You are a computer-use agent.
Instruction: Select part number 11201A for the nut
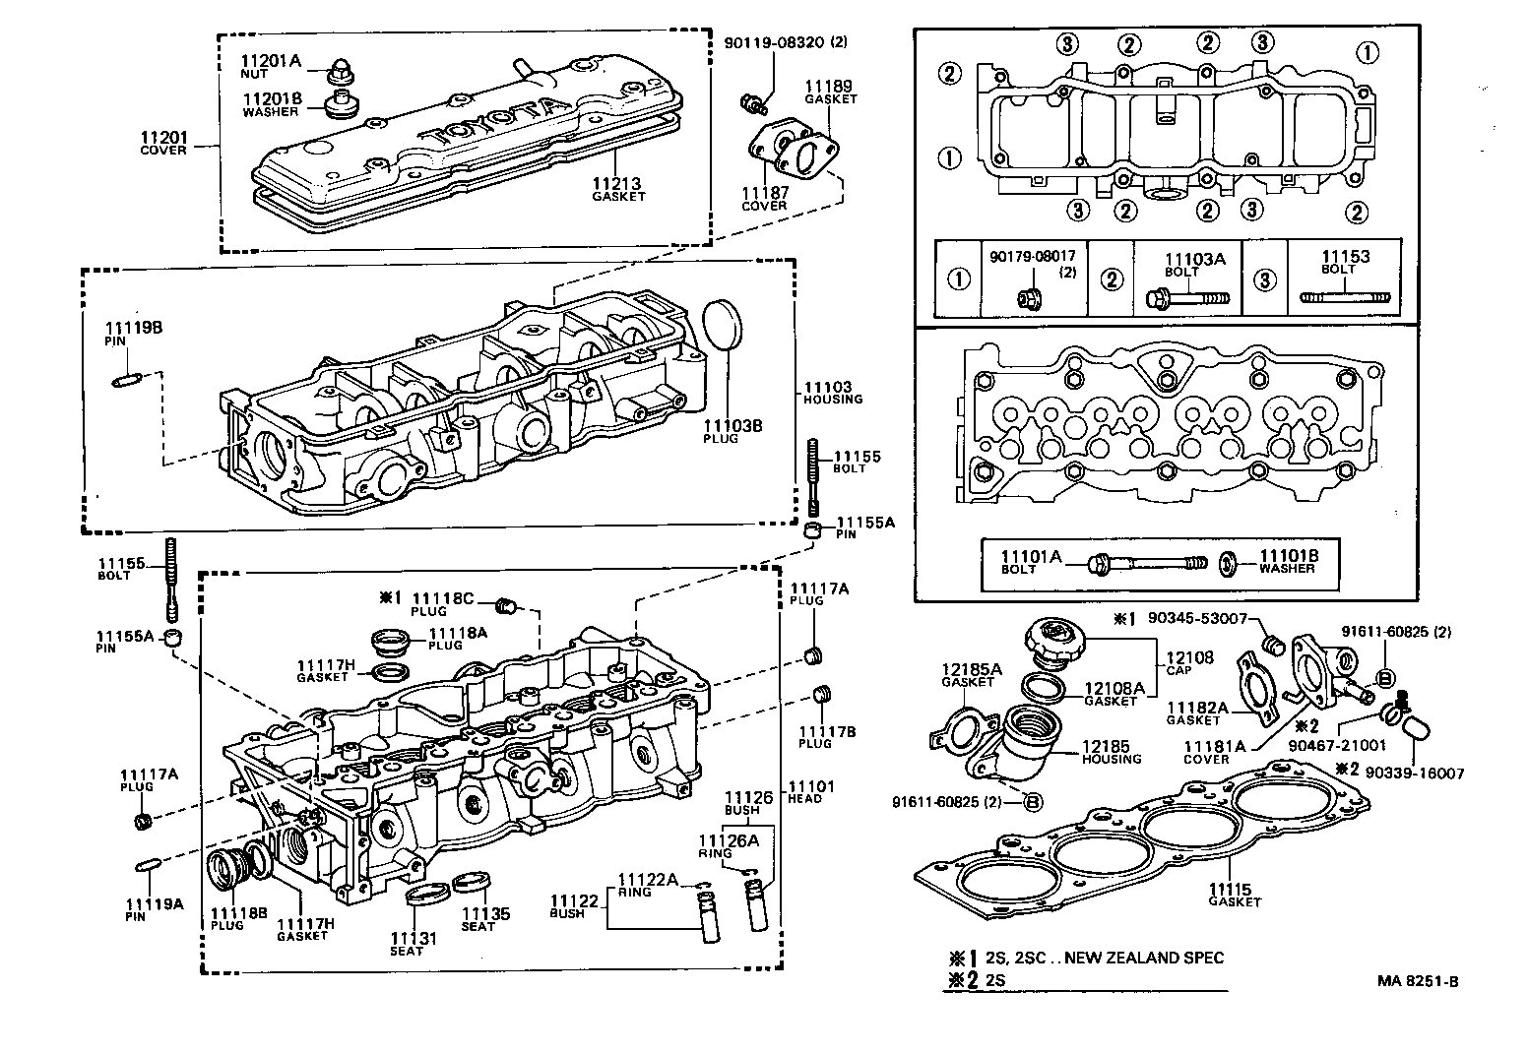(x=269, y=61)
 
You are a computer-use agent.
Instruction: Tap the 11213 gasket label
(x=617, y=184)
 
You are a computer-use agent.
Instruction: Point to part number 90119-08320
(x=773, y=43)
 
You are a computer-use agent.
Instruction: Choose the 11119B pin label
(x=133, y=328)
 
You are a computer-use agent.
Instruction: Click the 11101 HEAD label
(x=810, y=786)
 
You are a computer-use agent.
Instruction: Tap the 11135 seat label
(x=486, y=914)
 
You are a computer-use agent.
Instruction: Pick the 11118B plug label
(x=239, y=913)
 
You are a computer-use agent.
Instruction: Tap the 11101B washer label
(x=1288, y=556)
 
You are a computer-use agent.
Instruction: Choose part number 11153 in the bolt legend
(x=1345, y=257)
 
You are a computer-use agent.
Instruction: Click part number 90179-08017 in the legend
(x=1033, y=257)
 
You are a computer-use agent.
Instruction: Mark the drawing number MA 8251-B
(x=1418, y=981)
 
